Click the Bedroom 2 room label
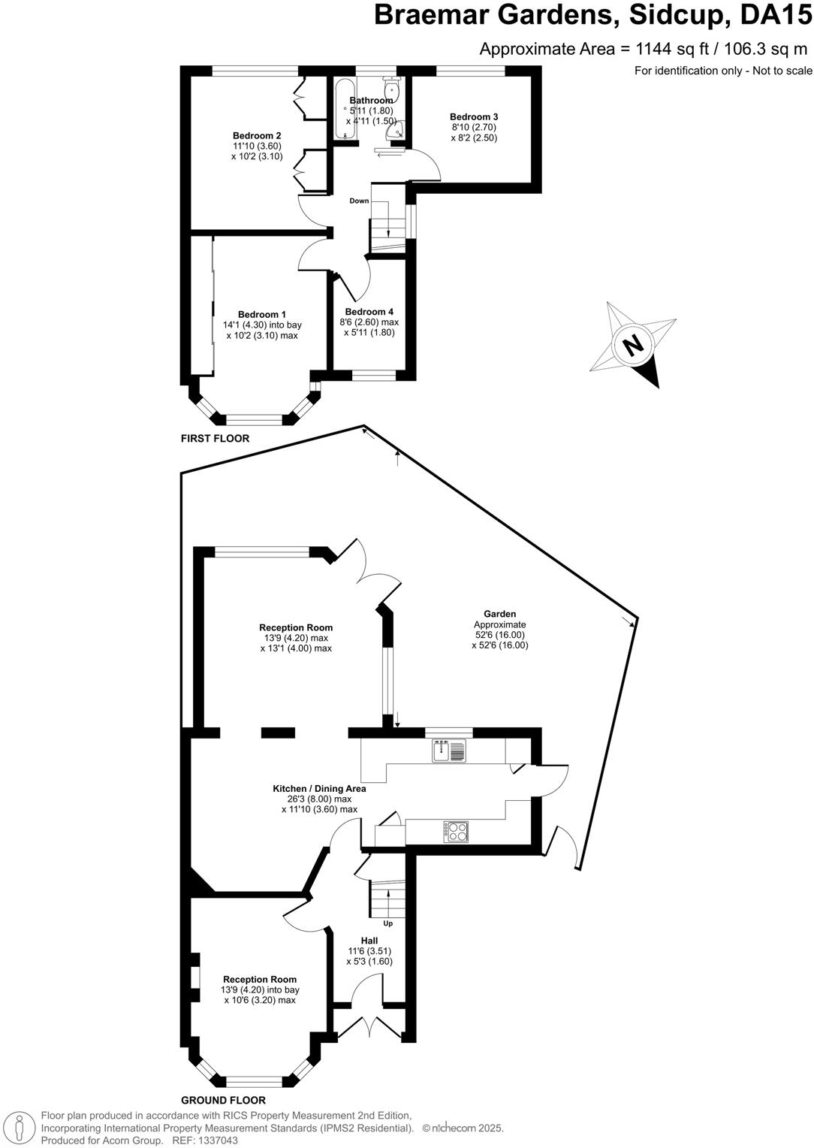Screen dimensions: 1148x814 [x=257, y=136]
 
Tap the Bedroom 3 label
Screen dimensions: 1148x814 [x=474, y=116]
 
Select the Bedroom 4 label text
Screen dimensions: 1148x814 [x=369, y=312]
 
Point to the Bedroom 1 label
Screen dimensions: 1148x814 [x=262, y=314]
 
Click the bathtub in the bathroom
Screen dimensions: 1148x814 [x=345, y=109]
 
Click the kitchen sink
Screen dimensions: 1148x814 [x=448, y=750]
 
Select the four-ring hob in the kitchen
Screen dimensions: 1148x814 [x=457, y=831]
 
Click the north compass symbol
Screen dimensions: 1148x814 [x=633, y=345]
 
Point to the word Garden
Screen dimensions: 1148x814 [x=499, y=614]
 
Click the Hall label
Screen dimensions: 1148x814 [x=369, y=941]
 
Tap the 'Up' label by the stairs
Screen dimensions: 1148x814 [x=387, y=923]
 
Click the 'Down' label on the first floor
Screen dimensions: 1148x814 [x=359, y=201]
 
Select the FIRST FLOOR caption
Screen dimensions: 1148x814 [x=215, y=438]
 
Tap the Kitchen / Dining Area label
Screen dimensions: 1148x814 [x=319, y=789]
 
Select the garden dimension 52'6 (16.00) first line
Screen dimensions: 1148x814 [x=499, y=635]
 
